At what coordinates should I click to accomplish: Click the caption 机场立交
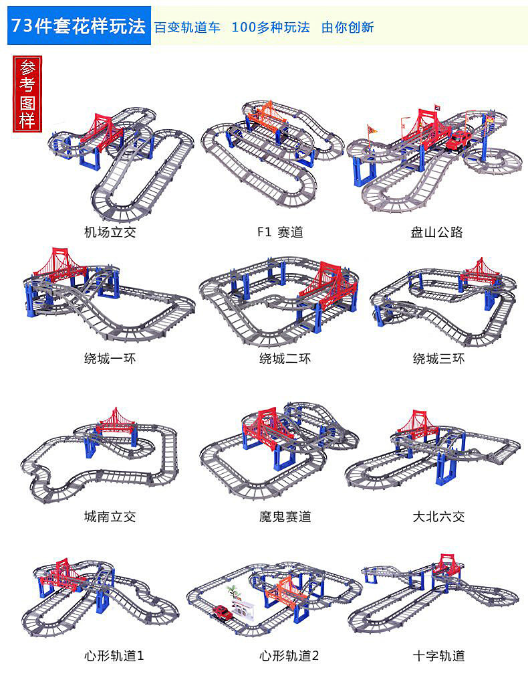pyautogui.click(x=110, y=233)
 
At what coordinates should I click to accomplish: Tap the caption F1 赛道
pyautogui.click(x=280, y=233)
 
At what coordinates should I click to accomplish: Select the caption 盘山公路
pyautogui.click(x=436, y=233)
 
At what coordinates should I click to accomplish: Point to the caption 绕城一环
pyautogui.click(x=110, y=359)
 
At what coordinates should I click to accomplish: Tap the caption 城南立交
pyautogui.click(x=110, y=517)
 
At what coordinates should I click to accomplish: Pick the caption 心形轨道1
pyautogui.click(x=114, y=656)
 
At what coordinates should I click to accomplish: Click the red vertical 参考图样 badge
pyautogui.click(x=27, y=93)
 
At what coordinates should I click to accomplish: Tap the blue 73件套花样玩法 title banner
pyautogui.click(x=80, y=27)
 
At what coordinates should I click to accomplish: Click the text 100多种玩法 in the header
pyautogui.click(x=270, y=27)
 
